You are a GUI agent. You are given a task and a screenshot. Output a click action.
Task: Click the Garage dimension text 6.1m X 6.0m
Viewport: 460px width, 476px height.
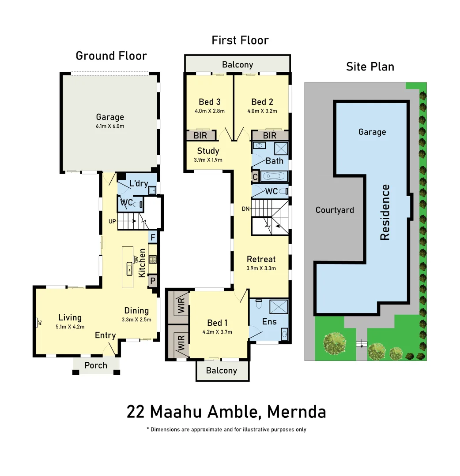[x=110, y=126]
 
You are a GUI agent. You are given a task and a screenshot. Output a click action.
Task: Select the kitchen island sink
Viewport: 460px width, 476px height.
[x=130, y=268]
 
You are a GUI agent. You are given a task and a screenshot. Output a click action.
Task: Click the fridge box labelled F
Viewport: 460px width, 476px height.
[x=153, y=237]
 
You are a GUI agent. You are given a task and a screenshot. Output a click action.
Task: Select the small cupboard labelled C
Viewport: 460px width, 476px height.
[x=255, y=177]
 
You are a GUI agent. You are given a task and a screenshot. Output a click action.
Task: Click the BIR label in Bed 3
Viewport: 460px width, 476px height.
[x=200, y=136]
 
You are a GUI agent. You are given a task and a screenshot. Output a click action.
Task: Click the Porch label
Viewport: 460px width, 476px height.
[x=96, y=365]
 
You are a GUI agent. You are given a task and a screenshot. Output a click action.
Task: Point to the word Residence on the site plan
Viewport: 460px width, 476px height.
[x=385, y=212]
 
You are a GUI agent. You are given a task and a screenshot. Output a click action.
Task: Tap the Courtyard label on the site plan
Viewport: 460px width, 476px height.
[x=335, y=210]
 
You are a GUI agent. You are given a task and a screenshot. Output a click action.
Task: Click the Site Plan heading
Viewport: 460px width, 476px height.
[x=370, y=67]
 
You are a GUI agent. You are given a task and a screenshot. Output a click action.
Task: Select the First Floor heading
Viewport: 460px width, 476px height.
[x=240, y=40]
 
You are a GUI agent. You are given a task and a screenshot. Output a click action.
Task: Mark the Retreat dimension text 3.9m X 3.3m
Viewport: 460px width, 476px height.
[x=261, y=268]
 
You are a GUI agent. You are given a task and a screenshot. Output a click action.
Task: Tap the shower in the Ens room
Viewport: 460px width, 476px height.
[x=278, y=305]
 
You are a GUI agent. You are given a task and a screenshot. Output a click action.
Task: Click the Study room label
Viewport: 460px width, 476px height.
[x=208, y=151]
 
